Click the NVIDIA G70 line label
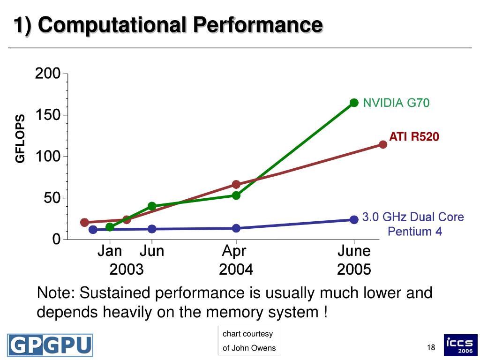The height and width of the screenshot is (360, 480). click(396, 103)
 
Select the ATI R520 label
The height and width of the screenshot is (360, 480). click(414, 137)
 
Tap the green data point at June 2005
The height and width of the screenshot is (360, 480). click(354, 103)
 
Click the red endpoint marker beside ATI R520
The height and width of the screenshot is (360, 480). click(383, 144)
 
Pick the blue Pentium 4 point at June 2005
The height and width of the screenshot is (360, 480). click(354, 219)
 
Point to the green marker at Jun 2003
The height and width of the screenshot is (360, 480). click(152, 206)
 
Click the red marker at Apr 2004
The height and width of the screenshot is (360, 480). click(236, 184)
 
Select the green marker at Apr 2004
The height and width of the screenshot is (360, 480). click(236, 195)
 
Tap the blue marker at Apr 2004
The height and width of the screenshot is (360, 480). click(236, 228)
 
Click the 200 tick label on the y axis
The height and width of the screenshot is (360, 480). click(48, 74)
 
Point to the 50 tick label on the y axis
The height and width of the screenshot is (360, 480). click(52, 198)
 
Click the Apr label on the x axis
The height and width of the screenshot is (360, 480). click(234, 251)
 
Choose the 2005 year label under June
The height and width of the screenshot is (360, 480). click(354, 270)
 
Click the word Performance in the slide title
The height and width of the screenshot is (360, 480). click(258, 24)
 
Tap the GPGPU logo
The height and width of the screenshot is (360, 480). click(50, 345)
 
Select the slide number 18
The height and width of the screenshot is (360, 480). click(431, 347)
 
